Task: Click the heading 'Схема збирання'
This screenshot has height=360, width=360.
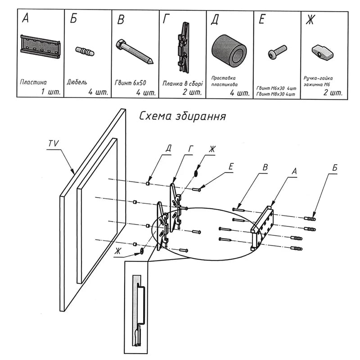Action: [182, 116]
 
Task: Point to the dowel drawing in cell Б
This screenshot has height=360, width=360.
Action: [85, 51]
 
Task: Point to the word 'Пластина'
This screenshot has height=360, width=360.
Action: [34, 82]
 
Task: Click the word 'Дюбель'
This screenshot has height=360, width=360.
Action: [77, 82]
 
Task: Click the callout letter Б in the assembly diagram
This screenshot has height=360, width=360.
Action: [335, 168]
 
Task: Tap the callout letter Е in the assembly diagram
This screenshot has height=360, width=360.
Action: [231, 166]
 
